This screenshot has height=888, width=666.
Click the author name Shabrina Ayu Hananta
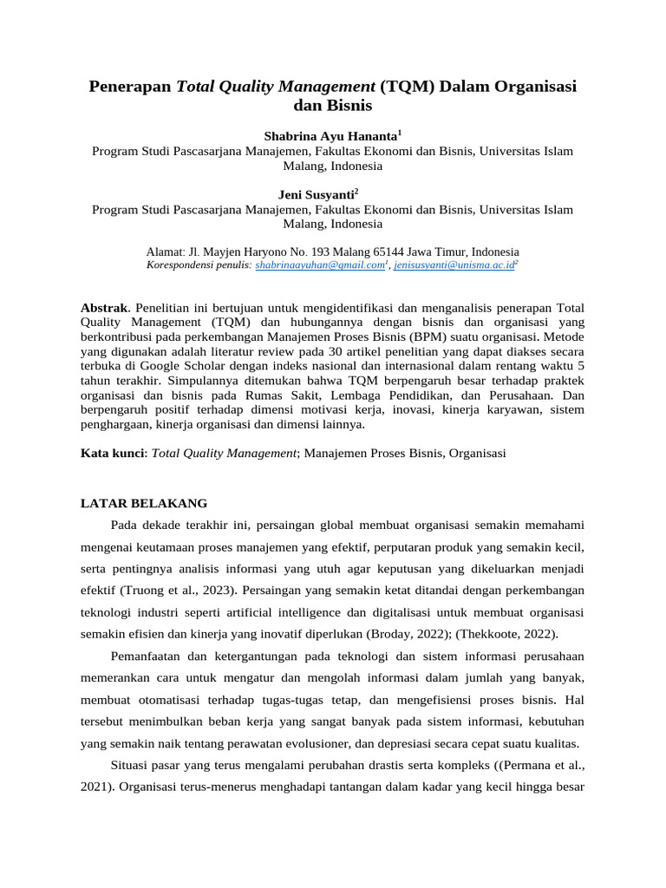(330, 136)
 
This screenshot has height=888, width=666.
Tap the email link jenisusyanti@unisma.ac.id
(454, 265)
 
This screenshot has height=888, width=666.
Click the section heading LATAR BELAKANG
(144, 503)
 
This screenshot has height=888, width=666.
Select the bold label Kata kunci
(113, 453)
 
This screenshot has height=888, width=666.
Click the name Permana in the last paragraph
(518, 766)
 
